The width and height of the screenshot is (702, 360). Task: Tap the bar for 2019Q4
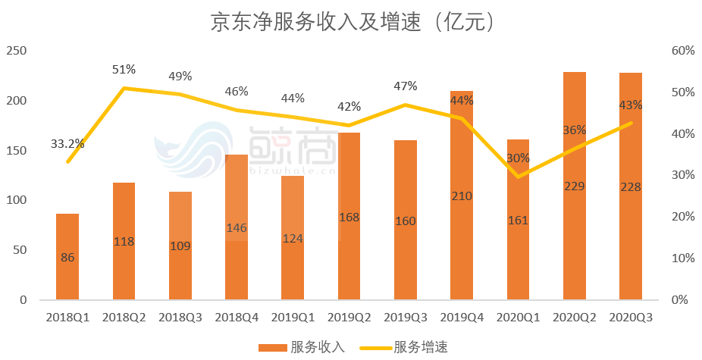462,227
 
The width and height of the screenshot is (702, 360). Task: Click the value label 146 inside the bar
237,227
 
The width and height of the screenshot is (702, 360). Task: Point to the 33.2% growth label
67,143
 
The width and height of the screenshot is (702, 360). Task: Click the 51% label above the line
124,70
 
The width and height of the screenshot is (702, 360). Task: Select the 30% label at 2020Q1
519,158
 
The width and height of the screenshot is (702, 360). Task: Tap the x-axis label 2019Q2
349,318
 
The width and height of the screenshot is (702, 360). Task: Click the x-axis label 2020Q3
631,318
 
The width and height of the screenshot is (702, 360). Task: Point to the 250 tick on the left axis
16,51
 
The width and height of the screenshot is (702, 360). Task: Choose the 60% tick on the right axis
682,51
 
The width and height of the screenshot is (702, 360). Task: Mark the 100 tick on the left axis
16,200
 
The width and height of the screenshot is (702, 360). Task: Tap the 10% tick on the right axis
682,258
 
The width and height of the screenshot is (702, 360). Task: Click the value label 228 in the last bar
630,187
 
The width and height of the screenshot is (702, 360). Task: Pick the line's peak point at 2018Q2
124,88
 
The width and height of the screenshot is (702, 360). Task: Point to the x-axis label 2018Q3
180,318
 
